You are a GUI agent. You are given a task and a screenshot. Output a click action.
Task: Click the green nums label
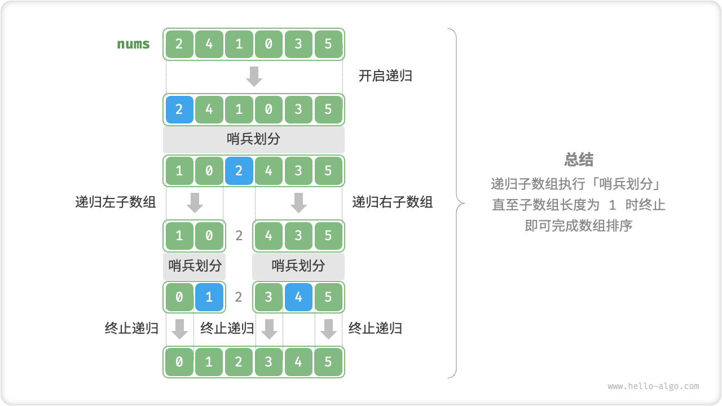[134, 44]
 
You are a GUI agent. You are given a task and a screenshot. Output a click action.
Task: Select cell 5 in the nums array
[328, 44]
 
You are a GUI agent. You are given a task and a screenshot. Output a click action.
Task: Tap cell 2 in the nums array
[179, 44]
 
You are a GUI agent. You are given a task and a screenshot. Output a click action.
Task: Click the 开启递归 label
[385, 76]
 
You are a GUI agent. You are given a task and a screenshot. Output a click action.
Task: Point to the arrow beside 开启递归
[254, 76]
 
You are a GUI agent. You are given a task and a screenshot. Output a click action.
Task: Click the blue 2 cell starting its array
[179, 109]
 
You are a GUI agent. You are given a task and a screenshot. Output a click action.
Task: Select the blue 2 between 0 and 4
[239, 170]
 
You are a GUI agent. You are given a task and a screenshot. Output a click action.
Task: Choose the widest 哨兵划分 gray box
[253, 139]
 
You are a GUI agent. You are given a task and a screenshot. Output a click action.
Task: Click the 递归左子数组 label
[116, 202]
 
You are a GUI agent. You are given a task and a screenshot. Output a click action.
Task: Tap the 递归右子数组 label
[393, 202]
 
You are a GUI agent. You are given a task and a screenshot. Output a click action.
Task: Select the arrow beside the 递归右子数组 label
[298, 202]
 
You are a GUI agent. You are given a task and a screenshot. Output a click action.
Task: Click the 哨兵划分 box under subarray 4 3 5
[298, 266]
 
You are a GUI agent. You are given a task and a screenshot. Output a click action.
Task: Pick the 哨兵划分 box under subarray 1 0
[195, 266]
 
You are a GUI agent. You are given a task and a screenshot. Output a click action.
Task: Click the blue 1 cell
[209, 297]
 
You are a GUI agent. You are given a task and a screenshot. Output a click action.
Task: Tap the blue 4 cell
[298, 297]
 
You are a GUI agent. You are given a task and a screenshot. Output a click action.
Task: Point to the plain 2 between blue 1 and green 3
[239, 297]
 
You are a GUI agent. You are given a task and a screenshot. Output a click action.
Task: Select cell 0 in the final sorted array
[179, 362]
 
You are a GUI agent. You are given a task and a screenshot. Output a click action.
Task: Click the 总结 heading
[579, 160]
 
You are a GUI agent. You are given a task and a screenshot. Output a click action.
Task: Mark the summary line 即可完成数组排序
[579, 226]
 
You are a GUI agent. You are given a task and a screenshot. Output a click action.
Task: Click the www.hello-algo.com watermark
[653, 386]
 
